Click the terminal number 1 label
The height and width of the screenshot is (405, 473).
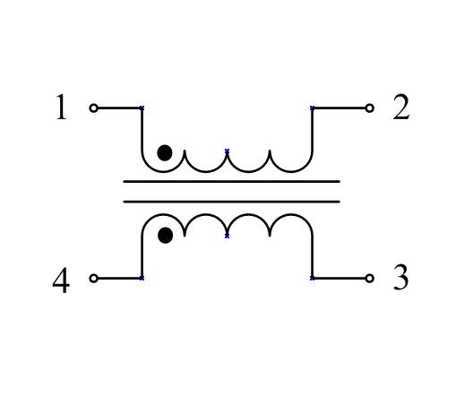tap(62, 107)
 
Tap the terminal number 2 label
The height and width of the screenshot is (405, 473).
tap(401, 107)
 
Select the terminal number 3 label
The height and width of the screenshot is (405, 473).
tap(401, 277)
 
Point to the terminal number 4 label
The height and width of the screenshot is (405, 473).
tap(61, 280)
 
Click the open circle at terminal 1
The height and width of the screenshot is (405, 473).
tap(94, 108)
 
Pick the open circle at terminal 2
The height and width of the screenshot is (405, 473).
tap(369, 108)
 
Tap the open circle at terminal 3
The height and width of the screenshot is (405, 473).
tap(369, 279)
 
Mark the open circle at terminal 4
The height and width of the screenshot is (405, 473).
tap(94, 279)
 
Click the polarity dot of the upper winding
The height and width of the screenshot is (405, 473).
tap(165, 152)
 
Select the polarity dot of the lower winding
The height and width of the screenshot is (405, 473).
tap(166, 235)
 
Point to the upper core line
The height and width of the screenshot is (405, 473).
tap(232, 182)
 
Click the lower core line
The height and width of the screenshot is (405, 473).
tap(232, 202)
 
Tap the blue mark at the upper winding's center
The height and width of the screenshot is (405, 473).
tap(228, 151)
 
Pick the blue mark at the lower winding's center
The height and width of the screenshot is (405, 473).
tap(228, 236)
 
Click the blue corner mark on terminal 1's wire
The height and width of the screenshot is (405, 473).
tap(142, 108)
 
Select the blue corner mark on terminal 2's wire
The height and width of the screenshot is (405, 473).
tap(313, 108)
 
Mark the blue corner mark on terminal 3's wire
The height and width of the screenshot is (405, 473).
tap(313, 278)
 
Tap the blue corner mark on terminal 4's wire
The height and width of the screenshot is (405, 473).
tap(142, 278)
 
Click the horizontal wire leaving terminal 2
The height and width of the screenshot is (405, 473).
tap(339, 108)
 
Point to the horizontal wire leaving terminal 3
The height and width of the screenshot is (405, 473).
tap(339, 279)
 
